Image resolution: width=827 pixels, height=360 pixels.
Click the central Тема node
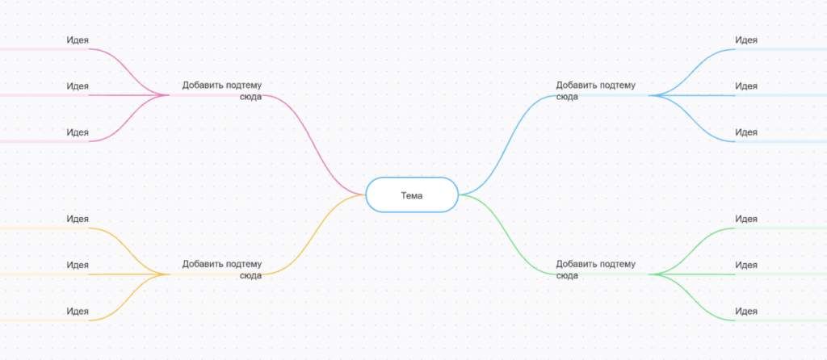[x=412, y=195]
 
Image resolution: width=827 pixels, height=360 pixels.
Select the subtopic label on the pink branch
[x=222, y=90]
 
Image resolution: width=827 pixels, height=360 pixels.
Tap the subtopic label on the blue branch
[x=595, y=90]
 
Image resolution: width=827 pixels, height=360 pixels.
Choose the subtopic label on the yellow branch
[x=222, y=270]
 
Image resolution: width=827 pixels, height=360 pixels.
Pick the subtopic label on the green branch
[x=595, y=270]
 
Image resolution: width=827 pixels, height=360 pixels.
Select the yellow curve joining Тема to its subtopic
[x=314, y=235]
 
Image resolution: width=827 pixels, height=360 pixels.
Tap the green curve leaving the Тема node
[x=507, y=235]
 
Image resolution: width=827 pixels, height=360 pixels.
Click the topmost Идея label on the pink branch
[x=78, y=40]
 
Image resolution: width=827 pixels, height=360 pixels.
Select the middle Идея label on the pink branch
[x=78, y=86]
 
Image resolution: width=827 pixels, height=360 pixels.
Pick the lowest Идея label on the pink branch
[x=78, y=132]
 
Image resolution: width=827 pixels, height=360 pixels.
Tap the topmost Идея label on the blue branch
[x=746, y=40]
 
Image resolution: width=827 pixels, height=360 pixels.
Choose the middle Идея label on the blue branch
[x=746, y=86]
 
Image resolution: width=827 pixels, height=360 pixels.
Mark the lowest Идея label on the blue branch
[x=746, y=132]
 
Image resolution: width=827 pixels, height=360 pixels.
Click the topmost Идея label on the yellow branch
[x=78, y=219]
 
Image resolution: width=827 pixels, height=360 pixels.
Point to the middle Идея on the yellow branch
[x=78, y=265]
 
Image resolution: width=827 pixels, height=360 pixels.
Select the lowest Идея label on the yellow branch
[x=78, y=311]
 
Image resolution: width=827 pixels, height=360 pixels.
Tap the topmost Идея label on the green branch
[x=746, y=219]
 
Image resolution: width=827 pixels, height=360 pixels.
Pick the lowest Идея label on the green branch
[x=746, y=311]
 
